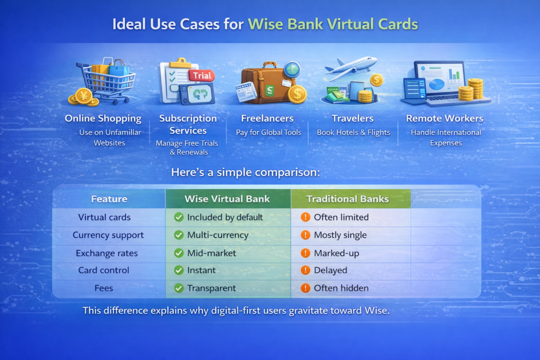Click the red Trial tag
click(201, 75)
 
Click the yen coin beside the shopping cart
click(83, 96)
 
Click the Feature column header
click(109, 199)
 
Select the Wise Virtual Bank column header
click(227, 199)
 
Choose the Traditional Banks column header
click(348, 199)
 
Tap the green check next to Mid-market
click(179, 253)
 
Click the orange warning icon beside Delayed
click(305, 270)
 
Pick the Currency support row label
click(108, 236)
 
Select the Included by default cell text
click(225, 218)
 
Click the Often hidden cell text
click(341, 288)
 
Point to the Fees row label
click(104, 288)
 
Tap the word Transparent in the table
click(211, 288)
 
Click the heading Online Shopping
click(103, 119)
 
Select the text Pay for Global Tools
click(268, 132)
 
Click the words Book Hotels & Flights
click(353, 132)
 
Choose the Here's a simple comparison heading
click(246, 172)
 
